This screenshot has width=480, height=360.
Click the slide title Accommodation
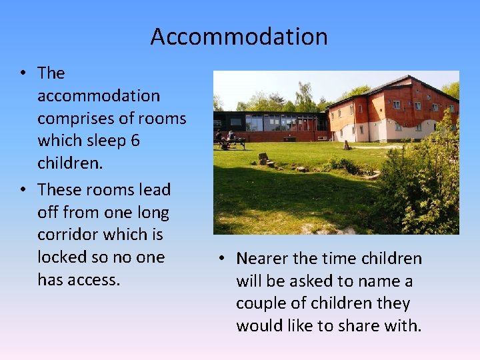[x=239, y=36]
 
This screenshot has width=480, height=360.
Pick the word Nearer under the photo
[x=265, y=259]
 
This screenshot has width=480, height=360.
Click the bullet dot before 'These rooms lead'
[x=23, y=190]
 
